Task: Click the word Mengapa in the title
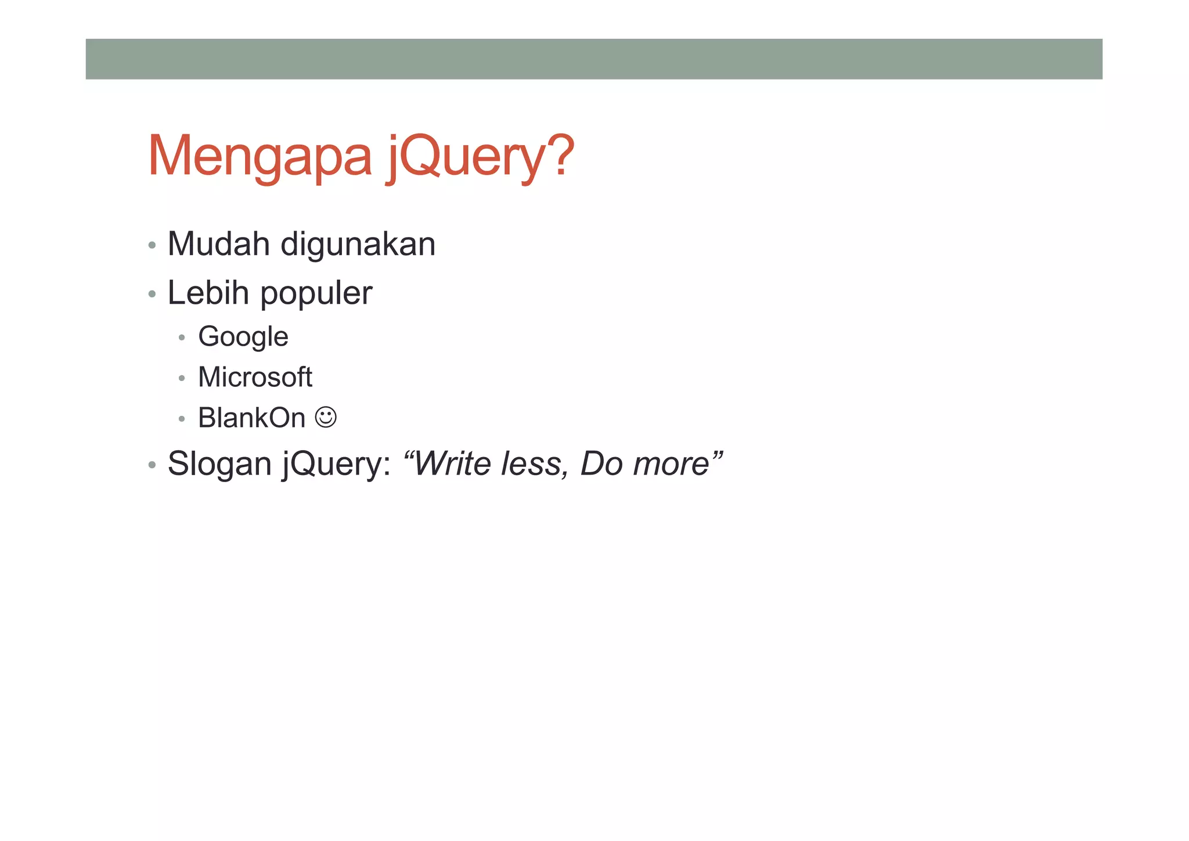pyautogui.click(x=260, y=157)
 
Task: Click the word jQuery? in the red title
pyautogui.click(x=480, y=157)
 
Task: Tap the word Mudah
pyautogui.click(x=218, y=244)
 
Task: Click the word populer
pyautogui.click(x=316, y=294)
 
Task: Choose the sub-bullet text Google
pyautogui.click(x=243, y=337)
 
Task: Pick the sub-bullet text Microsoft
pyautogui.click(x=255, y=377)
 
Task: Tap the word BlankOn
pyautogui.click(x=251, y=418)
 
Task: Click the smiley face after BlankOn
pyautogui.click(x=326, y=417)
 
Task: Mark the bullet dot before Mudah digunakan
pyautogui.click(x=152, y=245)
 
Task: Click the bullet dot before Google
pyautogui.click(x=182, y=337)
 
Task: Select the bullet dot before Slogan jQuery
pyautogui.click(x=152, y=465)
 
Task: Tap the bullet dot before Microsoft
pyautogui.click(x=182, y=378)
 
